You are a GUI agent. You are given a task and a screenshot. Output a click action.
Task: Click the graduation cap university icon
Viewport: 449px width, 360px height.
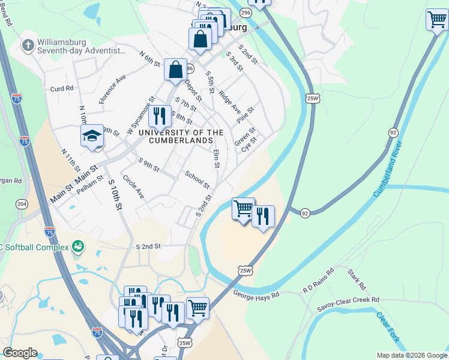(x=92, y=136)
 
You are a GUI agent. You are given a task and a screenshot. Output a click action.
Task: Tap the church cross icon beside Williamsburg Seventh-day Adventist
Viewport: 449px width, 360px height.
(x=28, y=45)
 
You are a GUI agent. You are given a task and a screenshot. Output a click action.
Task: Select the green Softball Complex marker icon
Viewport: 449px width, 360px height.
(x=77, y=245)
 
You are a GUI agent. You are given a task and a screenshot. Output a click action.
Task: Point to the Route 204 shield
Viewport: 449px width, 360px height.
(x=22, y=204)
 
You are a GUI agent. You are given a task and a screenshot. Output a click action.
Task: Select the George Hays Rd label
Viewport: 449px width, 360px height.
(x=256, y=295)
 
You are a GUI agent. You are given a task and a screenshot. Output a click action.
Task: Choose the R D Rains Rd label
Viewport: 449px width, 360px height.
(x=318, y=281)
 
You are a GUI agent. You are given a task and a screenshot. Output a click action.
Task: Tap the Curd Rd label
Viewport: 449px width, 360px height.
(x=62, y=88)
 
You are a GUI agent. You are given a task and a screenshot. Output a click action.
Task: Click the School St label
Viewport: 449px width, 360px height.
(x=197, y=179)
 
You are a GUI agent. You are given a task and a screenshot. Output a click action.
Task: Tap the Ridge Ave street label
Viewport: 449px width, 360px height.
(x=230, y=103)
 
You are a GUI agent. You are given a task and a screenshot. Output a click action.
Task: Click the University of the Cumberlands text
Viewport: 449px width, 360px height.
(x=181, y=136)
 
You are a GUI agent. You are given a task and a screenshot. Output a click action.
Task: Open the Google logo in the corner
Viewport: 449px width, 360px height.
(x=20, y=353)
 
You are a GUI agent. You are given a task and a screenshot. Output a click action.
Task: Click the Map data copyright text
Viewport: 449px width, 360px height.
(x=411, y=355)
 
